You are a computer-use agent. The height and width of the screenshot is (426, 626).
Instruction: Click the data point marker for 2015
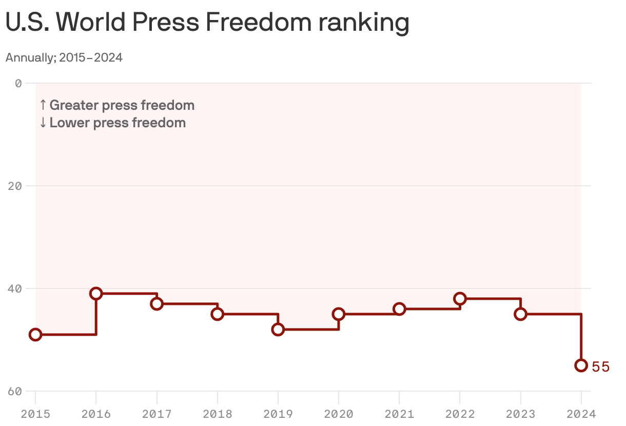pos(35,335)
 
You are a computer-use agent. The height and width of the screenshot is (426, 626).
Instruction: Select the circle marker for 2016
pos(96,294)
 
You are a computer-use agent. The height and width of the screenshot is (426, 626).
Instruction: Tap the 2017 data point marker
pos(157,304)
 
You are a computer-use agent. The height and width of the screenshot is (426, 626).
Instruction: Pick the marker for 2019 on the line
pos(278,330)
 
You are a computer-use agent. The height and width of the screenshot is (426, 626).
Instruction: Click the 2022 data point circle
pos(460,299)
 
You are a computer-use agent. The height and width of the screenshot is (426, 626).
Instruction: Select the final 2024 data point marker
pos(581,365)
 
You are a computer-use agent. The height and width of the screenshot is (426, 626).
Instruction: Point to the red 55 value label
pos(600,366)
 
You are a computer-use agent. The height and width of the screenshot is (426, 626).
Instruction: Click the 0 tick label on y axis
pos(18,83)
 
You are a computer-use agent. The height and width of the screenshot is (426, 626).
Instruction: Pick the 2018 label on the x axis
pos(218,414)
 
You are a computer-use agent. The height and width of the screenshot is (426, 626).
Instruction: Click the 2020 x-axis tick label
pos(339,414)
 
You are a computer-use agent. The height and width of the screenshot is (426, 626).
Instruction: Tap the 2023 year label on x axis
pos(521,414)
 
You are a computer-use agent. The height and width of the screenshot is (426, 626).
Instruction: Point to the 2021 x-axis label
pos(399,414)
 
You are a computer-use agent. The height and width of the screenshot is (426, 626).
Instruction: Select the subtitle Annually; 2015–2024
pos(64,57)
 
